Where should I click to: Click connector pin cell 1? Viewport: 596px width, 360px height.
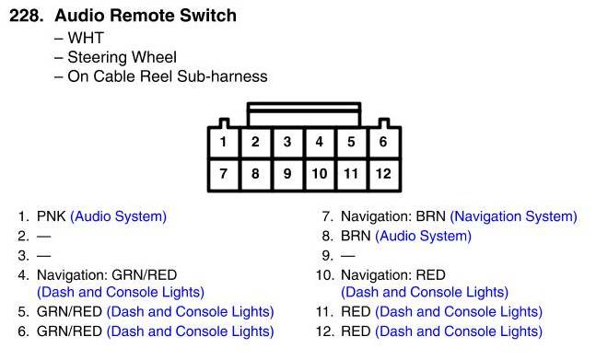click(224, 143)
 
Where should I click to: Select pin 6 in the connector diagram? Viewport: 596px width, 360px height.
click(384, 143)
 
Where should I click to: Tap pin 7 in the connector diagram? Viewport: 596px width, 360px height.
click(224, 174)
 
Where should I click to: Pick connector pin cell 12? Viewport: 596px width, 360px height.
click(384, 174)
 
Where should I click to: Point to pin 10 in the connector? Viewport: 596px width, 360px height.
click(320, 174)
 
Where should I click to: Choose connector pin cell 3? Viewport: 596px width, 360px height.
click(287, 143)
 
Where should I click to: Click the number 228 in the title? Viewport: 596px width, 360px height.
click(26, 16)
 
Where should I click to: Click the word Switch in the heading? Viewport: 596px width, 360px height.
click(208, 16)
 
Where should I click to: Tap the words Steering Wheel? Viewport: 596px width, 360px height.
click(122, 57)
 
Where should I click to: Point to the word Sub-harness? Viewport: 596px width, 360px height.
click(222, 76)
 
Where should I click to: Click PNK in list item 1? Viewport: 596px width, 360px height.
click(52, 216)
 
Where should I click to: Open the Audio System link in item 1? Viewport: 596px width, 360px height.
click(119, 216)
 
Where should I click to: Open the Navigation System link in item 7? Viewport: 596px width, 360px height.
click(513, 216)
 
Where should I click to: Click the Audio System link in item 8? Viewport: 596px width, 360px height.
click(424, 237)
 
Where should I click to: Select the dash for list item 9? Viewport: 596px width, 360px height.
click(348, 256)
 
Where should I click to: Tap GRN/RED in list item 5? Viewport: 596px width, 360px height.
click(70, 312)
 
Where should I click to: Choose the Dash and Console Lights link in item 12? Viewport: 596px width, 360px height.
click(459, 331)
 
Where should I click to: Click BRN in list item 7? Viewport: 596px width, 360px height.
click(431, 216)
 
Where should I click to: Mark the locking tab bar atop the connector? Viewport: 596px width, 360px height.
click(304, 115)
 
